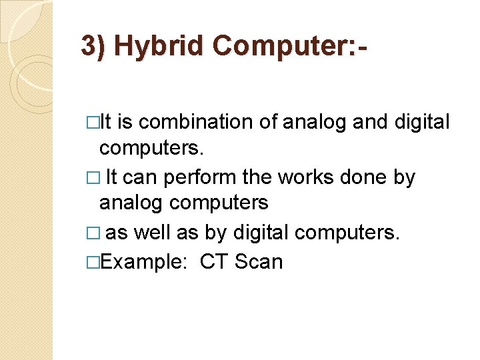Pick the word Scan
coord(259,262)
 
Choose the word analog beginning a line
coord(127,202)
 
